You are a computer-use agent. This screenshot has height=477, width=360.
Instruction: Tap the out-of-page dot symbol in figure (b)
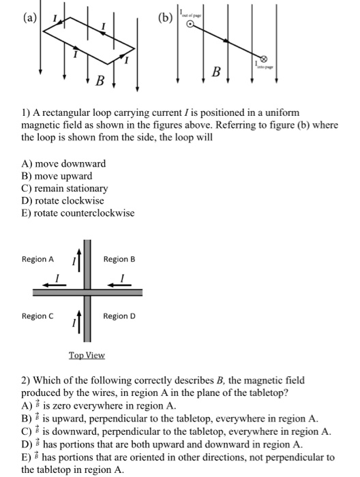point(192,25)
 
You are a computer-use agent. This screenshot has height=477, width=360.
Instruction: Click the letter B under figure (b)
point(217,71)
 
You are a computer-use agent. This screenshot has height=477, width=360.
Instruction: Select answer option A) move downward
point(64,164)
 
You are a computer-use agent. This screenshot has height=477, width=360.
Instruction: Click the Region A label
point(37,259)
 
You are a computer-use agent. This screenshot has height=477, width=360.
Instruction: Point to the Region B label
point(119,259)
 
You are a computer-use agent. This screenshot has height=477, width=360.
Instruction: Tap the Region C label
point(37,316)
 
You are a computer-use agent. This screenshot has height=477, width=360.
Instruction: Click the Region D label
point(119,316)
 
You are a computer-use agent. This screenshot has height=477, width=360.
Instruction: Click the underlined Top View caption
point(86,355)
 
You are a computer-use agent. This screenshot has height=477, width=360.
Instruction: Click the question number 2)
point(27,380)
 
